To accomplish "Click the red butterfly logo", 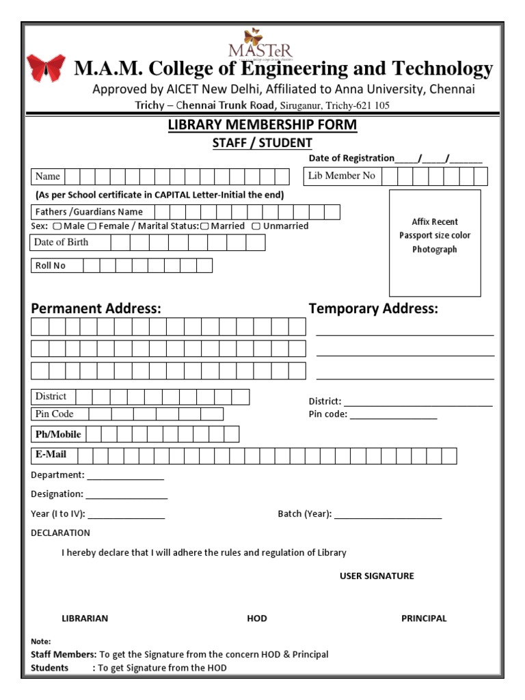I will pyautogui.click(x=46, y=68).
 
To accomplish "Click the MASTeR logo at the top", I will pyautogui.click(x=251, y=44).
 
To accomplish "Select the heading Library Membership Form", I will pyautogui.click(x=262, y=125).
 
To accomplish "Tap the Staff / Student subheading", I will pyautogui.click(x=262, y=143).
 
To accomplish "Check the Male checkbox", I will pyautogui.click(x=57, y=226).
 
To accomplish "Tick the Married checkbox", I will pyautogui.click(x=204, y=226).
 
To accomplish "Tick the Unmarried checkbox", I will pyautogui.click(x=256, y=226).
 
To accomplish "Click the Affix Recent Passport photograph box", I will pyautogui.click(x=435, y=243).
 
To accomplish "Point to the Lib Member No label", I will pyautogui.click(x=342, y=176).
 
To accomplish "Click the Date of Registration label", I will pyautogui.click(x=351, y=158).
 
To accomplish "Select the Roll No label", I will pyautogui.click(x=50, y=265).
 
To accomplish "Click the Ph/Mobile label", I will pyautogui.click(x=58, y=434).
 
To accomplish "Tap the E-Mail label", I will pyautogui.click(x=51, y=454).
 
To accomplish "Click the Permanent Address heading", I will pyautogui.click(x=96, y=308).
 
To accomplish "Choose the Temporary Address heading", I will pyautogui.click(x=373, y=308).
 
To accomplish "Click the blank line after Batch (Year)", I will pyautogui.click(x=388, y=515).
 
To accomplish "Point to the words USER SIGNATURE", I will pyautogui.click(x=377, y=576).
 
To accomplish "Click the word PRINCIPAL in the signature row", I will pyautogui.click(x=424, y=618).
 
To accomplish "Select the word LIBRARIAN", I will pyautogui.click(x=85, y=618).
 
